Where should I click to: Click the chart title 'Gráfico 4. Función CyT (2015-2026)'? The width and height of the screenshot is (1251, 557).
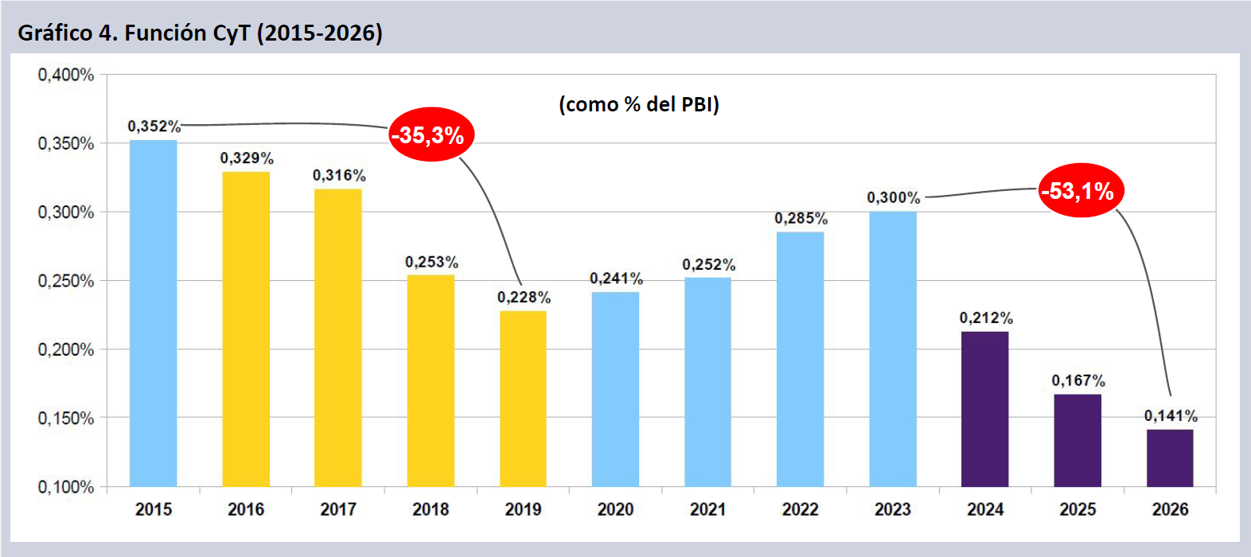tap(200, 33)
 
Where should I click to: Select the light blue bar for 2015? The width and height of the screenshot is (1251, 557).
tap(153, 314)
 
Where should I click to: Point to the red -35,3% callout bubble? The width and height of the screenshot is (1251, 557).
tap(431, 134)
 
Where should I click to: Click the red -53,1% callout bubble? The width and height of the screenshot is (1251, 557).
tap(1081, 191)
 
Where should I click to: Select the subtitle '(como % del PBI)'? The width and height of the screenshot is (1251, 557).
tap(639, 104)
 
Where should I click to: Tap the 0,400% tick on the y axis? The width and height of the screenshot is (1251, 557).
tap(66, 75)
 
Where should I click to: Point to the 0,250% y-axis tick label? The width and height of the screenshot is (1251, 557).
tap(66, 281)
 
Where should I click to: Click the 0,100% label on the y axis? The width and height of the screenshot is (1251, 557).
tap(66, 487)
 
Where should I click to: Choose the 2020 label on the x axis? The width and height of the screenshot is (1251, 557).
tap(615, 509)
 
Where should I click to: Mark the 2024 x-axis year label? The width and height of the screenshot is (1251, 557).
tap(985, 509)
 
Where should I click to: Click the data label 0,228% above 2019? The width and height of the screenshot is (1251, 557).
tap(524, 298)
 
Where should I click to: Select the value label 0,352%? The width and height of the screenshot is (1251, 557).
tap(154, 127)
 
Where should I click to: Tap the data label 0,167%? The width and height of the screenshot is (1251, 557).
tap(1078, 381)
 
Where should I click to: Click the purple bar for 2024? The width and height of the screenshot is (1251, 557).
tap(985, 409)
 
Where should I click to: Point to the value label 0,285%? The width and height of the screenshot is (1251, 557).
tap(801, 219)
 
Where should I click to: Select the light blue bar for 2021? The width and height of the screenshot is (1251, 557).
tap(707, 382)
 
